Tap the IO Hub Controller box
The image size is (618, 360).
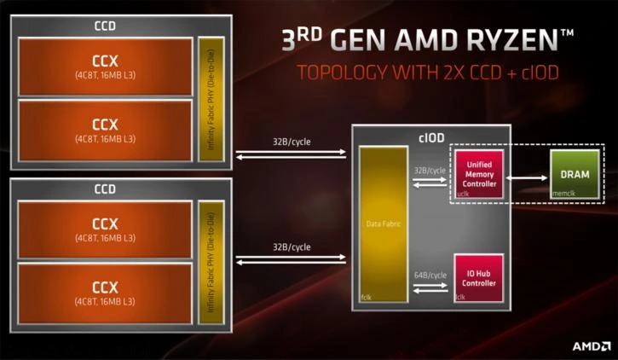[x=479, y=277]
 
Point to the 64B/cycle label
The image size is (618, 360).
[x=429, y=275]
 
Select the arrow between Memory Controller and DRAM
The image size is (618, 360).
[x=528, y=178]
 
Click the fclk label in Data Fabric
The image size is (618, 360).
[x=367, y=298]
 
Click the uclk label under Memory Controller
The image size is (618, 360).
[x=464, y=194]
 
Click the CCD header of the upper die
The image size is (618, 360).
[x=105, y=26]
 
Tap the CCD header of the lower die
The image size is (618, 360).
[x=105, y=189]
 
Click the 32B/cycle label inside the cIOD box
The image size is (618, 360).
[x=429, y=171]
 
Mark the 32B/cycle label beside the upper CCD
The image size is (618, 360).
[x=292, y=142]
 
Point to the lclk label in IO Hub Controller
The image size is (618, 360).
[x=461, y=297]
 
